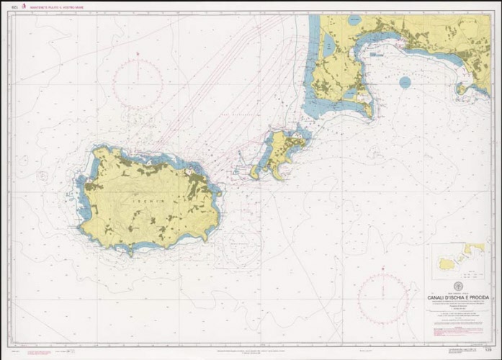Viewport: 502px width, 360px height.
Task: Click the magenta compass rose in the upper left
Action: (x=138, y=84)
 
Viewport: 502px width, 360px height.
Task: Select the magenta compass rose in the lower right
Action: (x=384, y=297)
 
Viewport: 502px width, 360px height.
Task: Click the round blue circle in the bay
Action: (x=405, y=82)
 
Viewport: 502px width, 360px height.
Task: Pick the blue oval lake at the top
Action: (x=353, y=21)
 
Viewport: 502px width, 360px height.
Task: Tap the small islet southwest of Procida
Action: (x=256, y=173)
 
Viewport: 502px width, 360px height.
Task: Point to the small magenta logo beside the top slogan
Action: (x=33, y=6)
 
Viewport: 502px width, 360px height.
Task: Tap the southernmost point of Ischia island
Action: (x=130, y=253)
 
